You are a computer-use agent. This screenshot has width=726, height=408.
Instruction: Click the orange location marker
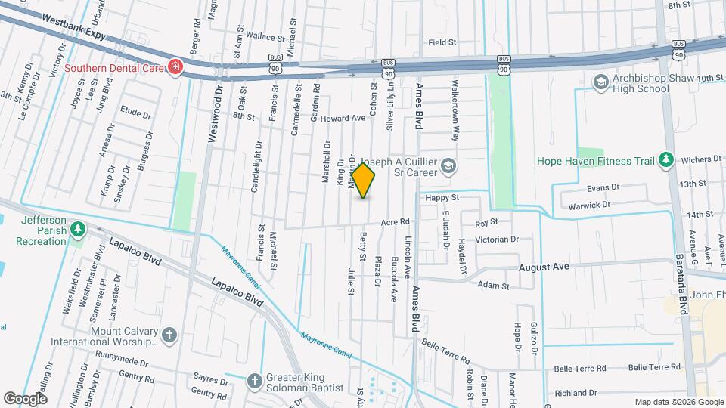364,181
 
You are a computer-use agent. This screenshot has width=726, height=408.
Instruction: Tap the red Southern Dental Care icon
175,68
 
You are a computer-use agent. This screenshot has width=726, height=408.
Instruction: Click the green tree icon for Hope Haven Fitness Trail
665,159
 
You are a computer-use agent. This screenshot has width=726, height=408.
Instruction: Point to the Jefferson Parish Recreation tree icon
76,229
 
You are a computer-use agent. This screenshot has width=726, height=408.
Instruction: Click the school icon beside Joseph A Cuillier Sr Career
448,166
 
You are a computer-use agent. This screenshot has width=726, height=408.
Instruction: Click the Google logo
25,398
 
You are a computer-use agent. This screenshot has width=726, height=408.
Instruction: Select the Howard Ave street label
342,119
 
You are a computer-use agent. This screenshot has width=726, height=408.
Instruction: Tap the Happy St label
442,197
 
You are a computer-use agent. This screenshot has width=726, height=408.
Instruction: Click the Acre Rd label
395,221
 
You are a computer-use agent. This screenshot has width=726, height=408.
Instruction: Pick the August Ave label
543,267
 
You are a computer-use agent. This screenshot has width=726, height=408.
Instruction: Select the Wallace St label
253,36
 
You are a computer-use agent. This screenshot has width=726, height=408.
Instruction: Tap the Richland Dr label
576,393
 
